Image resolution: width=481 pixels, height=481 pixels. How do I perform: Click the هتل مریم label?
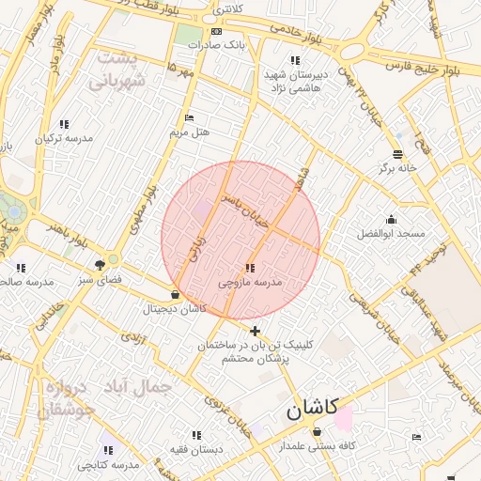point(188,132)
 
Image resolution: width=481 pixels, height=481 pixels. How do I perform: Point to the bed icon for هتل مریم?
point(189,118)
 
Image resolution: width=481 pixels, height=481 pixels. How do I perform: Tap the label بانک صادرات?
point(215,44)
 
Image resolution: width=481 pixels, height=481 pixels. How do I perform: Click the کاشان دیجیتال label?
point(174,309)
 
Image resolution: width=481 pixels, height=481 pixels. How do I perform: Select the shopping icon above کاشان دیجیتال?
point(175,295)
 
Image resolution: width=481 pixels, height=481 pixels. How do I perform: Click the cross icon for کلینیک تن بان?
point(255,331)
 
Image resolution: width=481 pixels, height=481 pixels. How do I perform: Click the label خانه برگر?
point(396,168)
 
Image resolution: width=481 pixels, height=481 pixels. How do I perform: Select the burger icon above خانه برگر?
point(397,154)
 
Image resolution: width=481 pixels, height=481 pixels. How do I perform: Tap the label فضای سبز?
point(100,280)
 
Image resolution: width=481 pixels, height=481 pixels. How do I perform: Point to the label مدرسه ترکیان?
point(64,138)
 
